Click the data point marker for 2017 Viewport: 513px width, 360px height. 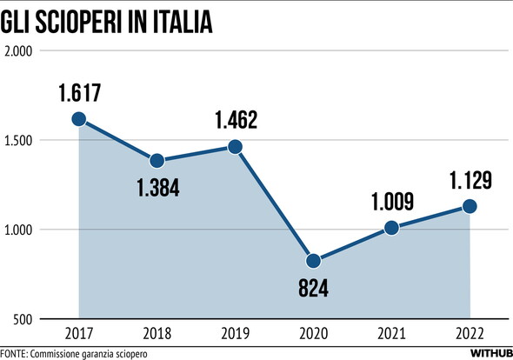tap(79, 119)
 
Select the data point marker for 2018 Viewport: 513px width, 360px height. tap(157, 161)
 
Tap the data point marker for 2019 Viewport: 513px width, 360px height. tap(236, 147)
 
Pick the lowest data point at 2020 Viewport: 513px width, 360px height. tap(314, 261)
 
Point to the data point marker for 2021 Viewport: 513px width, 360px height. tap(392, 228)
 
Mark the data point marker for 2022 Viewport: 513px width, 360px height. tap(470, 206)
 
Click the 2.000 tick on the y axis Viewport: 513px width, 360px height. tap(17, 50)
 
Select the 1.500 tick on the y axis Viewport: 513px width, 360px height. tap(17, 140)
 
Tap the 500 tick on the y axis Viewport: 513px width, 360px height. tap(23, 319)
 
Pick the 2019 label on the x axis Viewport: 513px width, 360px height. tap(236, 333)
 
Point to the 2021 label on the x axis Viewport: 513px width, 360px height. tap(392, 333)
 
